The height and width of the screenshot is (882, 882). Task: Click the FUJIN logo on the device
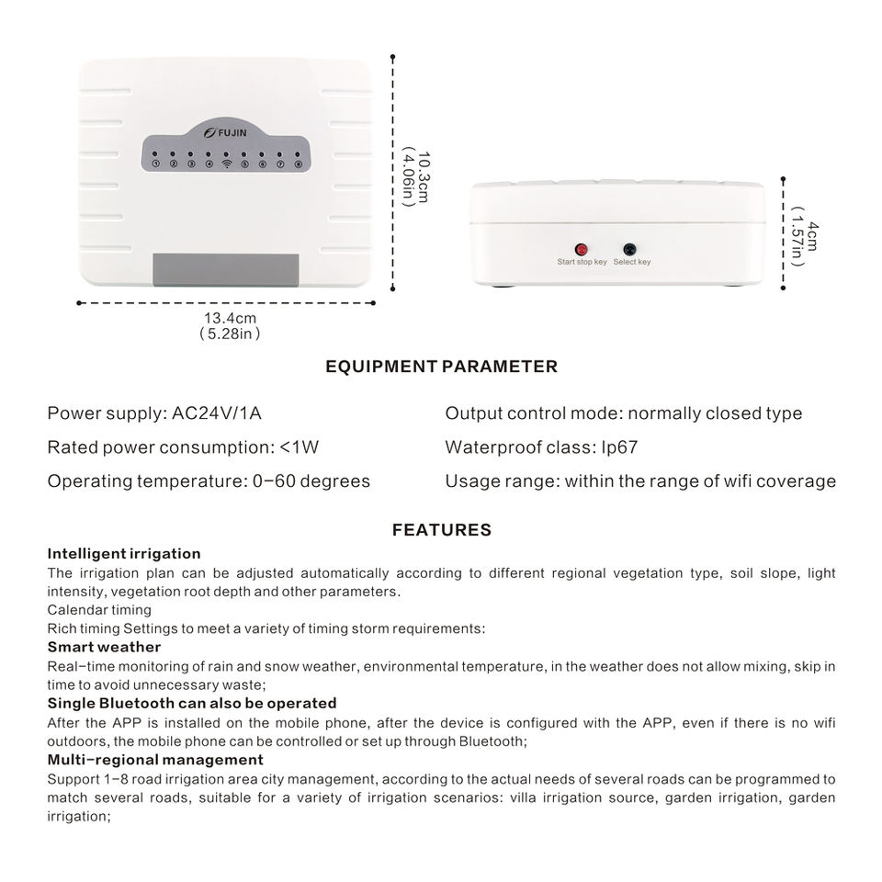[227, 131]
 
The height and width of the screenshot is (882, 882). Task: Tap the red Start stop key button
[581, 249]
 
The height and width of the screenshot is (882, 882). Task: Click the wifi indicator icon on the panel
[227, 164]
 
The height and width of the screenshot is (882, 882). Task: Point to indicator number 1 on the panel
[157, 164]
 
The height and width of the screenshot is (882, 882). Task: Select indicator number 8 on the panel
[298, 164]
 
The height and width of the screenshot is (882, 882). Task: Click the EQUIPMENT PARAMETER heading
[441, 367]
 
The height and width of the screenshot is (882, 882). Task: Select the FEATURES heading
[441, 530]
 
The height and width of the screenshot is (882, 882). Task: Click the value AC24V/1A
[217, 413]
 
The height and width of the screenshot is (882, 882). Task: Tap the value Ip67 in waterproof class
[619, 447]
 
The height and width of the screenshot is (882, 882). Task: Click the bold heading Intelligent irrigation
[124, 554]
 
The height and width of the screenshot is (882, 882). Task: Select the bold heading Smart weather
[104, 647]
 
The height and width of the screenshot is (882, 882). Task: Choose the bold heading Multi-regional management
[155, 760]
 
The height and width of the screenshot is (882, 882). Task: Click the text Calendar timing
[99, 609]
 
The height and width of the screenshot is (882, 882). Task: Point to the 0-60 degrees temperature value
[311, 481]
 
